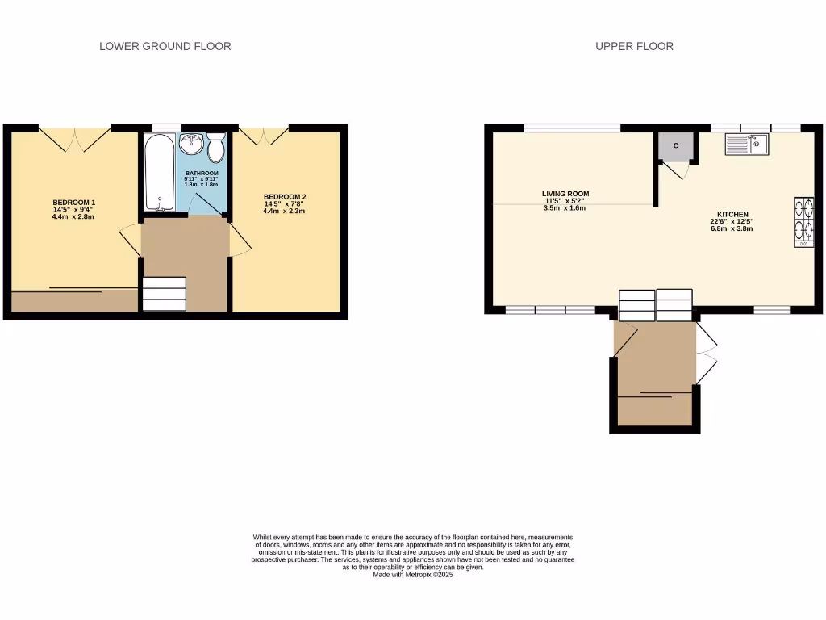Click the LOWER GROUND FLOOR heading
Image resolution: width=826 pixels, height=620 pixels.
point(165,46)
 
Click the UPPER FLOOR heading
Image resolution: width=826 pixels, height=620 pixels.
point(634,46)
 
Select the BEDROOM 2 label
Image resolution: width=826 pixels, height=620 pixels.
point(285,197)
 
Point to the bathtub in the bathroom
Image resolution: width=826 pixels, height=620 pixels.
point(159,172)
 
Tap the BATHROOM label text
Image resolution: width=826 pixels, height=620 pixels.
point(201,174)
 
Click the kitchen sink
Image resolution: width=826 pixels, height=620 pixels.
point(748,144)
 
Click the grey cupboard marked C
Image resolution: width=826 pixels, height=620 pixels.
point(676,145)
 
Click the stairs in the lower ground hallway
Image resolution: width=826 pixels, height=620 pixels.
point(164,294)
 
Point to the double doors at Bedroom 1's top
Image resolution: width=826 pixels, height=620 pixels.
point(74,139)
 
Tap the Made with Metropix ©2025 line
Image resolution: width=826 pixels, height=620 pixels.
point(413,574)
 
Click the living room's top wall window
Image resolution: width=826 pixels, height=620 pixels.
point(572,127)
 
